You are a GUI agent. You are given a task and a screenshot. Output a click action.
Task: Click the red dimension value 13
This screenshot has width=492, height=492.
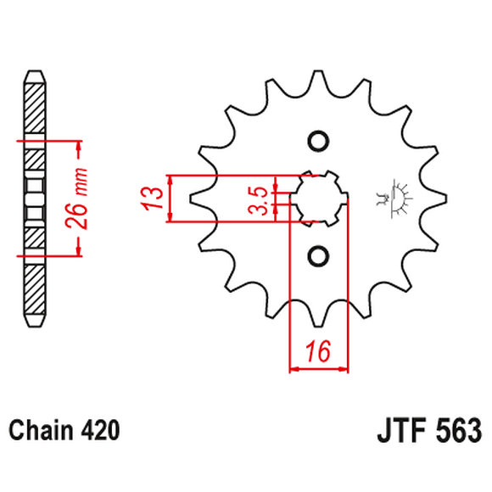pos(154,198)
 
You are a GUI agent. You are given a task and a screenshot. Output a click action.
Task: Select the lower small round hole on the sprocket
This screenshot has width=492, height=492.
pos(317,255)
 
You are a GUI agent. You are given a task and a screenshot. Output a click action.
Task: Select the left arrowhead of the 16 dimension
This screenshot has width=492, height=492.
pos(295,370)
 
